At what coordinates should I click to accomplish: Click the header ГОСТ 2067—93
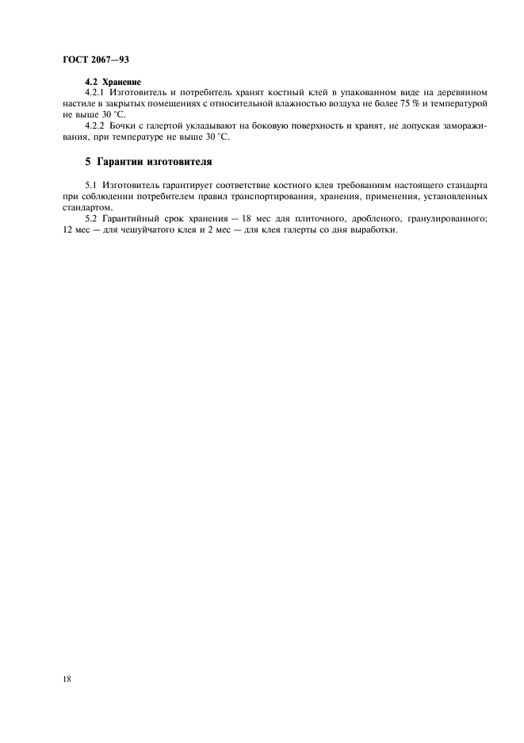click(95, 59)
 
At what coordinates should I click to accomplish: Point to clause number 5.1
click(89, 185)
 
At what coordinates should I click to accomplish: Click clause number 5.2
click(89, 218)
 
